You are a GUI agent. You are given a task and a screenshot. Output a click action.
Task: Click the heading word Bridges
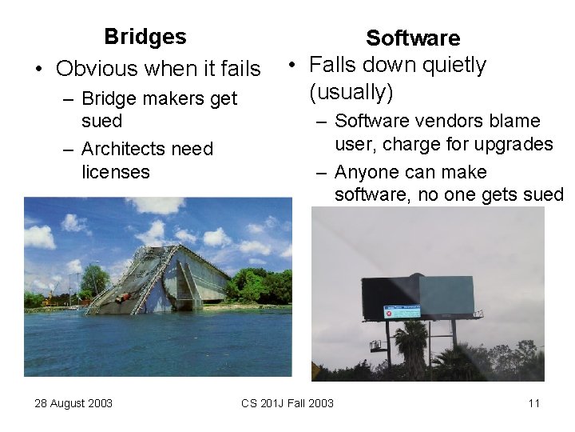tap(145, 37)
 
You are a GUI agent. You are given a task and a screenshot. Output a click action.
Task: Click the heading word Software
tap(413, 38)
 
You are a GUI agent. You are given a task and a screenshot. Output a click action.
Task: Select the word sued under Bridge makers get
tap(101, 122)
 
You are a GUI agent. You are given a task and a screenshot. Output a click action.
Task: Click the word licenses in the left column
tap(115, 171)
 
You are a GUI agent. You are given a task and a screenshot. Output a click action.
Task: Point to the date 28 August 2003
tap(73, 403)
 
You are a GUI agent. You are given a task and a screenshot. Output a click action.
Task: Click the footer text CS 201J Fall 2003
tap(287, 403)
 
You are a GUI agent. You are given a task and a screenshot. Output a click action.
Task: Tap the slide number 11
tap(534, 403)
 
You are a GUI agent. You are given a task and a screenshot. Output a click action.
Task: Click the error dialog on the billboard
tap(401, 312)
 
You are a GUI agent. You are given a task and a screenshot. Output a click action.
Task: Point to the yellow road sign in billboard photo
tap(318, 372)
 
